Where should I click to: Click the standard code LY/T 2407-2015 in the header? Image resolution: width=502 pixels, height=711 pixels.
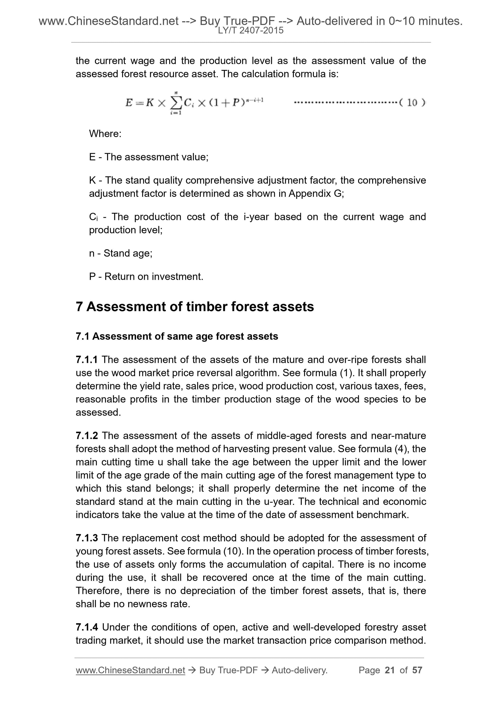(250, 30)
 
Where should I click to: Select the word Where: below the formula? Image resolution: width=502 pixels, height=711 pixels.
(105, 134)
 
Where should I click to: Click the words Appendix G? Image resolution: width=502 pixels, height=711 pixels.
(315, 193)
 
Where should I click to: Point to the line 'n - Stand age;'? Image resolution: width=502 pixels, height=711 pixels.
(121, 253)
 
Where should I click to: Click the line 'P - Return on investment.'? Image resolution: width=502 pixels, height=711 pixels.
(146, 277)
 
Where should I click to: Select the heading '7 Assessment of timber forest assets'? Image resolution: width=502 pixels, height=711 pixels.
(195, 307)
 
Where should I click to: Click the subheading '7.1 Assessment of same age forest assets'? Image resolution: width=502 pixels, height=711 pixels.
(177, 336)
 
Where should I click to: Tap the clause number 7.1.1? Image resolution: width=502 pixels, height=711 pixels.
(87, 360)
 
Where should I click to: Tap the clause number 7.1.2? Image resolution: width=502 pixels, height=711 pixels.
(87, 436)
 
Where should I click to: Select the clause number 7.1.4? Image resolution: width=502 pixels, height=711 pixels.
(87, 627)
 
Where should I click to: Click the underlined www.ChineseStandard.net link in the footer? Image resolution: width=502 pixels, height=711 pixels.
(130, 670)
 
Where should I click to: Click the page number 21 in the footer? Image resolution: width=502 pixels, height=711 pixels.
(390, 670)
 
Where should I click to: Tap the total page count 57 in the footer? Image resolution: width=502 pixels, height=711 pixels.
(417, 670)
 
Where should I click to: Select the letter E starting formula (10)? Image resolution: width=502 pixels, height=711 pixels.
(129, 103)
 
